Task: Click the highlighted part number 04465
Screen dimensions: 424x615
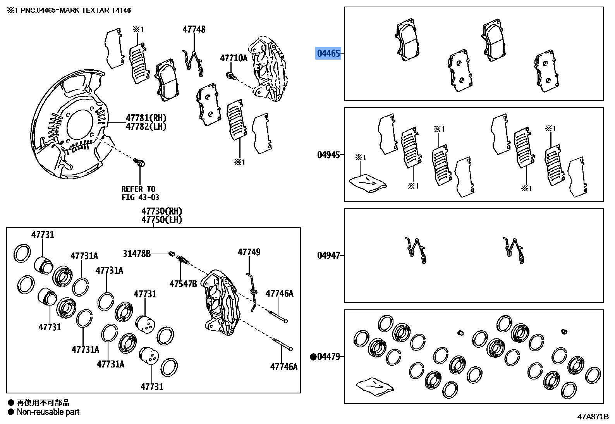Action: (328, 53)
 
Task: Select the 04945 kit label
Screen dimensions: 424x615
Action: (328, 155)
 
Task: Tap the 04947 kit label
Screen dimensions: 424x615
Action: (328, 256)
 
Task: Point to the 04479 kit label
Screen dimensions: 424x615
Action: (328, 357)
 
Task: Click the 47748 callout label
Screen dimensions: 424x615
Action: (194, 29)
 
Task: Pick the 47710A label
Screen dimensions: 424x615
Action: (234, 58)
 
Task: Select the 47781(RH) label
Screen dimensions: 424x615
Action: (146, 118)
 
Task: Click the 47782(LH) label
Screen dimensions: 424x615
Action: (146, 127)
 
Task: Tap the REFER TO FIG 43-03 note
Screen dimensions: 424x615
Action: (140, 193)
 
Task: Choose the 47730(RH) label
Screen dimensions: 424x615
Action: (161, 211)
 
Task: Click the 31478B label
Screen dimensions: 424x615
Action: (137, 254)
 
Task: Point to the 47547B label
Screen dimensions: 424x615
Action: (183, 284)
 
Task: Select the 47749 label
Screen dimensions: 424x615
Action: (249, 252)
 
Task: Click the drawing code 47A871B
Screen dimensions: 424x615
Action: (593, 417)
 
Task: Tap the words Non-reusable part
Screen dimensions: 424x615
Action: (48, 412)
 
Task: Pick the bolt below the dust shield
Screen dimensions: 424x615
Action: (139, 163)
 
